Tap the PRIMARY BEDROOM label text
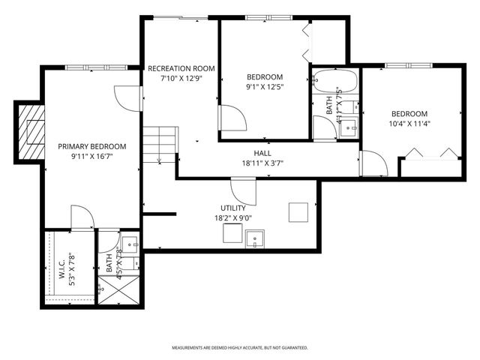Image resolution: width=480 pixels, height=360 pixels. point(92,146)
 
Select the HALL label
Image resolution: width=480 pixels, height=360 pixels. point(262,152)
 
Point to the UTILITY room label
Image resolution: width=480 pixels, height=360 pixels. point(233,208)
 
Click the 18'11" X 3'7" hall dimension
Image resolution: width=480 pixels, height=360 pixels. point(262,163)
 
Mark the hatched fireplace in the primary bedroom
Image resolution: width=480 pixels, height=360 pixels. point(31,130)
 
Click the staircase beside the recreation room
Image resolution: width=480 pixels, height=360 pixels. point(160,143)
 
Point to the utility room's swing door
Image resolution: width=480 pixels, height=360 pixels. point(243,190)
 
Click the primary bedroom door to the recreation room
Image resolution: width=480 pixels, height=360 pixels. point(129,98)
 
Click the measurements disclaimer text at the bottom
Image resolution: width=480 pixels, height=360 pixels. point(240,348)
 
